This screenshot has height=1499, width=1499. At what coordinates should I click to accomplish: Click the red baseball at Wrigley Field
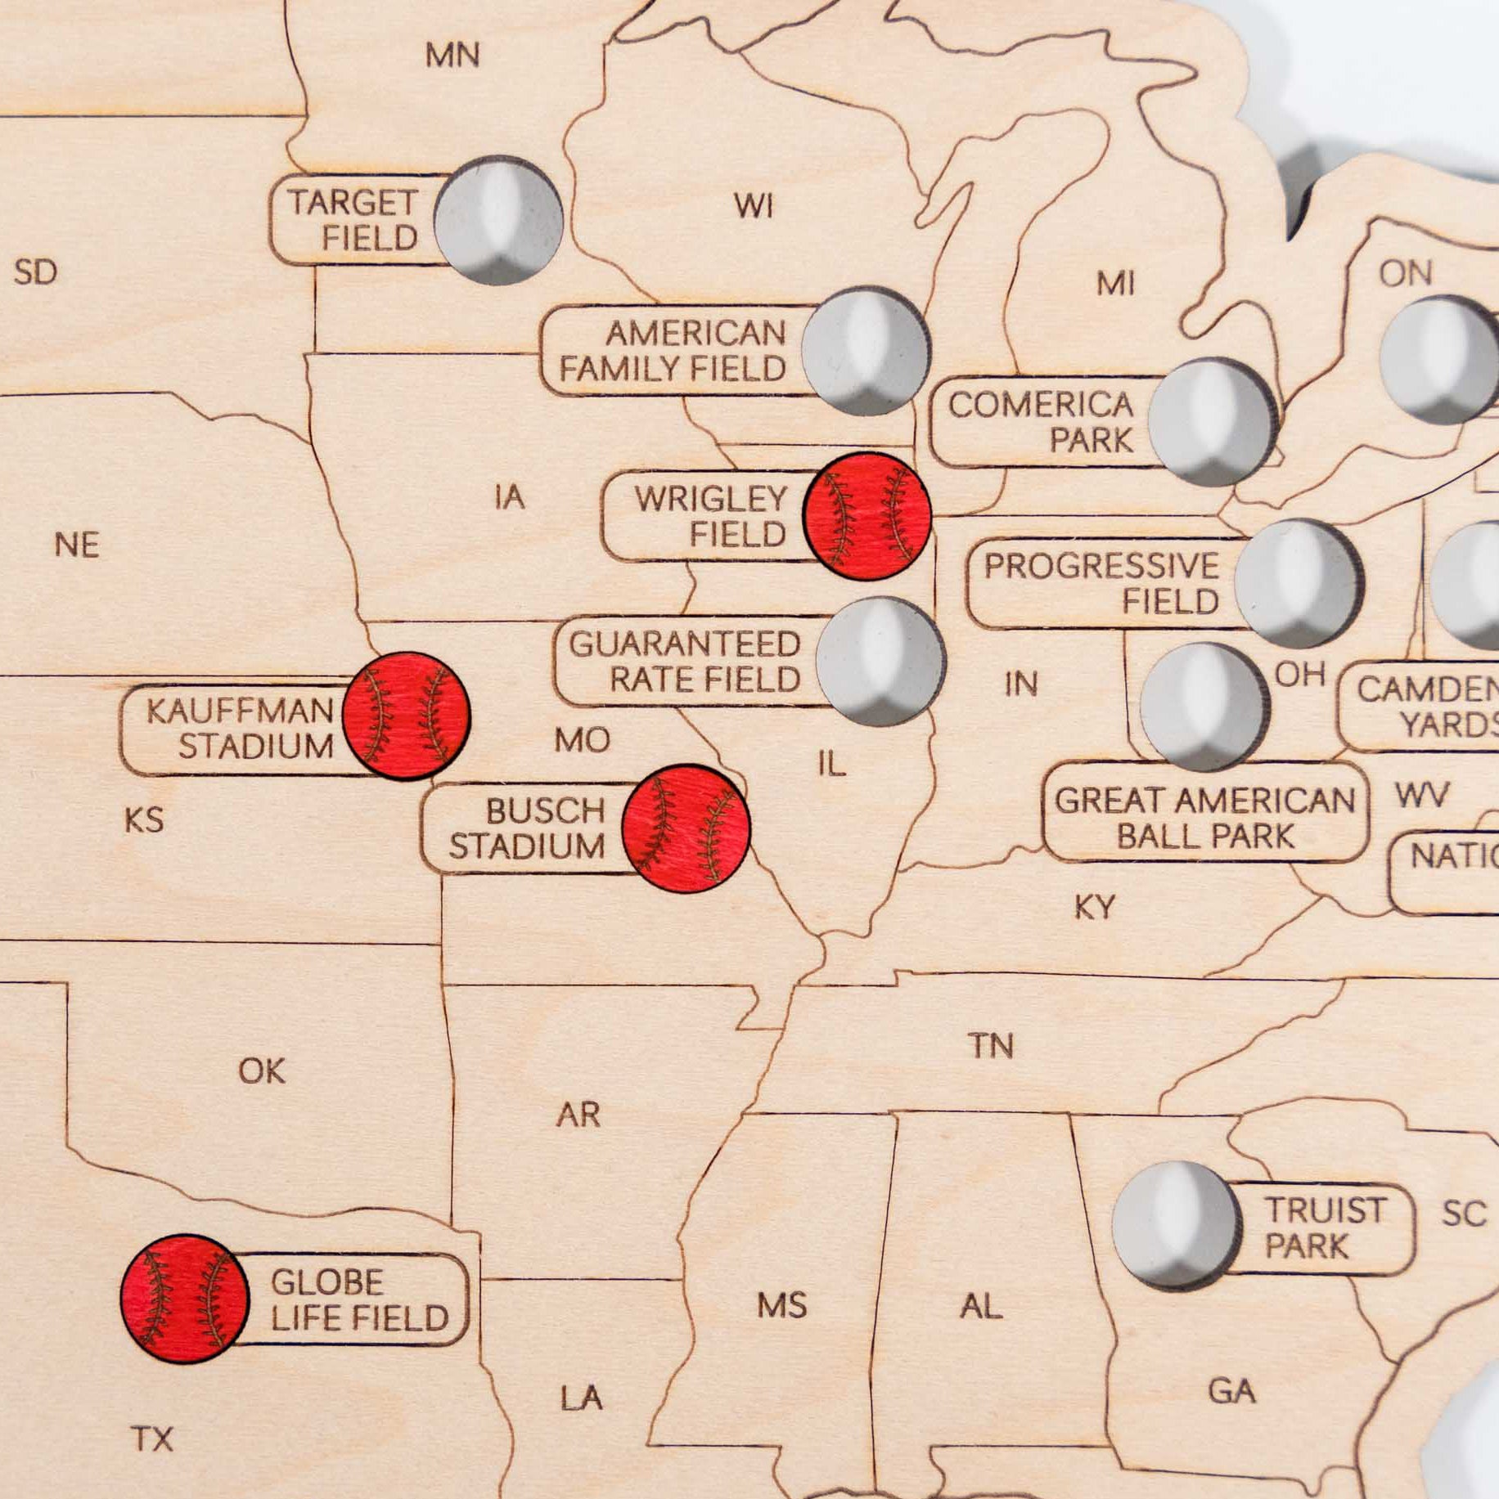[867, 516]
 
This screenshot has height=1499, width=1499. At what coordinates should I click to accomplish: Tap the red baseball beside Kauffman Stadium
[406, 716]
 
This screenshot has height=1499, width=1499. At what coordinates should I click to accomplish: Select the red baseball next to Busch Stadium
[686, 828]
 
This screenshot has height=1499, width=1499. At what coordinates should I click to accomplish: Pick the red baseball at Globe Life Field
[185, 1299]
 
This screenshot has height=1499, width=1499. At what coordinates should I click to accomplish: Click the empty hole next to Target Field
[498, 220]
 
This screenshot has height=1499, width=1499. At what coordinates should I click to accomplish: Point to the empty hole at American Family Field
[866, 351]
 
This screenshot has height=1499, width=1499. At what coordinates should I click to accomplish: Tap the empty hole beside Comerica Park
[1212, 422]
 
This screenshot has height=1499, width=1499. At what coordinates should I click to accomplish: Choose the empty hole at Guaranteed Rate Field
[880, 661]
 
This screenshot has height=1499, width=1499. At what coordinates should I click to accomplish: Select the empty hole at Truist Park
[1176, 1224]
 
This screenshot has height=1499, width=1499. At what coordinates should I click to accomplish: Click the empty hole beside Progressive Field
[1299, 582]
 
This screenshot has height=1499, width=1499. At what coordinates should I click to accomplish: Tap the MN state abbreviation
[452, 56]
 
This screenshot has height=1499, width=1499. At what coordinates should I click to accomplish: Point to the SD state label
[36, 272]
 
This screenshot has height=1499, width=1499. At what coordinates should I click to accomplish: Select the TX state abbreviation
[153, 1438]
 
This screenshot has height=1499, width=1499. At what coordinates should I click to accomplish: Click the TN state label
[991, 1045]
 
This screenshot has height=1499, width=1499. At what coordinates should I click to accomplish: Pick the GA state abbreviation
[1231, 1390]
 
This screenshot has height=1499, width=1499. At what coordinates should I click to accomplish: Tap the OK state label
[262, 1070]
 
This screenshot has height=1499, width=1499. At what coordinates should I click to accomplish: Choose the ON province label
[1406, 274]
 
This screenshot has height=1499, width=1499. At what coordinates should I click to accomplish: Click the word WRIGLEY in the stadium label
[710, 499]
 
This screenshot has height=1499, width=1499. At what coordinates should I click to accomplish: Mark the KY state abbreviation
[1094, 907]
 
